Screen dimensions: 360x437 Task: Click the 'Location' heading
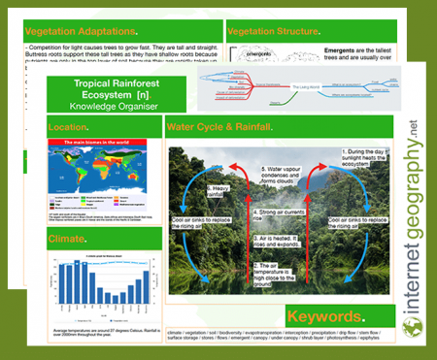click(74, 127)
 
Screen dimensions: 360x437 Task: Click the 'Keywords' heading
click(325, 317)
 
